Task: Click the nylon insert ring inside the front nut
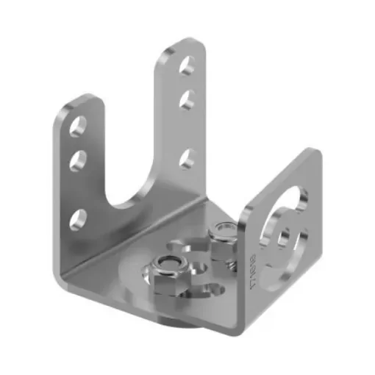coord(170,265)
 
